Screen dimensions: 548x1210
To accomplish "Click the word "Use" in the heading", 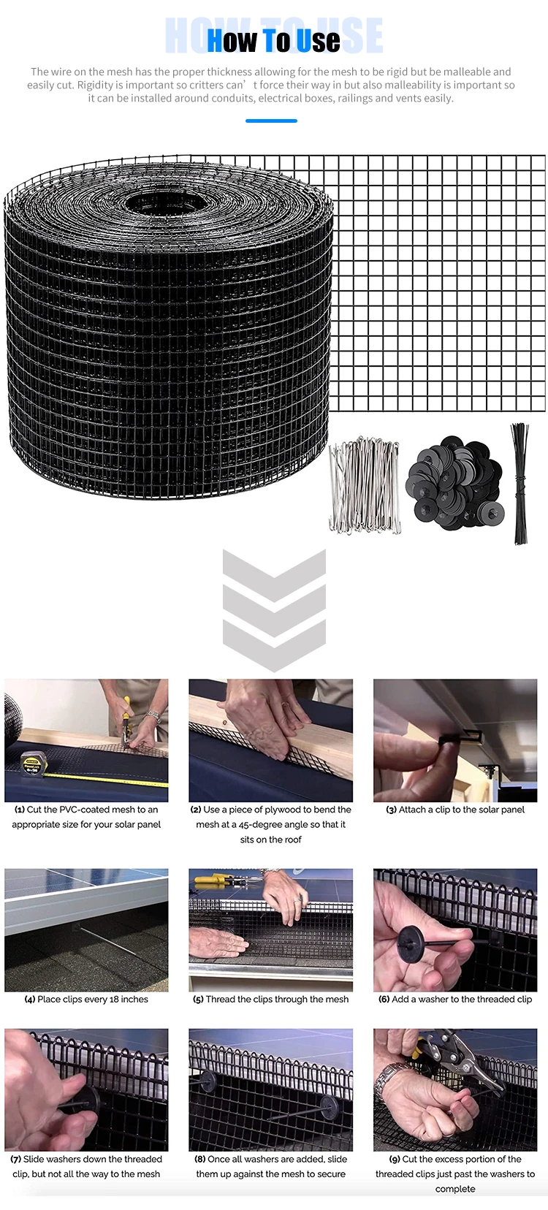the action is click(319, 41).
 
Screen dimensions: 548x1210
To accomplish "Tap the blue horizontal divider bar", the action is click(271, 121).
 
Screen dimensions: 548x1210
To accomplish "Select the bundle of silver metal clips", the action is click(365, 485).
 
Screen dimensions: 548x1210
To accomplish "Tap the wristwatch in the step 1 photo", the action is click(153, 717).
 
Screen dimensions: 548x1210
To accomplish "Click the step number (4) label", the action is click(30, 1000).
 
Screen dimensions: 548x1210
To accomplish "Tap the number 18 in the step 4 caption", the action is click(114, 1000).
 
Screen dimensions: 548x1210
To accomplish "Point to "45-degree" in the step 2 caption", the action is click(261, 824).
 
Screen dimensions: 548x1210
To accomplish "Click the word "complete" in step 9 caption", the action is click(455, 1189).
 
